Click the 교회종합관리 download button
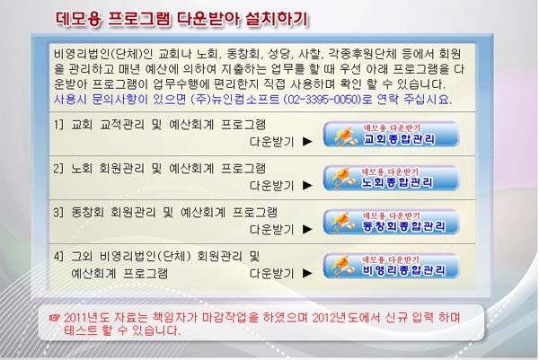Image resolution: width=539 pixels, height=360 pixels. (x=391, y=134)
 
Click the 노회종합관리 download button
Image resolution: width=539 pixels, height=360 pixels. (x=391, y=178)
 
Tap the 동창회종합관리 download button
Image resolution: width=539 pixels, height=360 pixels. (x=391, y=222)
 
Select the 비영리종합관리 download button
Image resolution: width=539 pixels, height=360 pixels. (x=391, y=266)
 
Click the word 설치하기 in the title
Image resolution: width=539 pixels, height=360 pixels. (x=277, y=19)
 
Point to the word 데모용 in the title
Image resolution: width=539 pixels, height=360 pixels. (x=78, y=19)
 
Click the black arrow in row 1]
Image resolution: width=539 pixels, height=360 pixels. (x=307, y=142)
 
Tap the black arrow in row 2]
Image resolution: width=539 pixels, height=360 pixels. (x=307, y=186)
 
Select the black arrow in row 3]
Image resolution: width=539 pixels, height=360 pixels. (x=307, y=230)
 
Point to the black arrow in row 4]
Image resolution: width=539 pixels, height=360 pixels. (x=307, y=274)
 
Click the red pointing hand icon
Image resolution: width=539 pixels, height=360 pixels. (x=54, y=318)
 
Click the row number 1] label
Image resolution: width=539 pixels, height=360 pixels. (x=58, y=125)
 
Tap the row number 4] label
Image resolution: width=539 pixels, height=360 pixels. (x=58, y=256)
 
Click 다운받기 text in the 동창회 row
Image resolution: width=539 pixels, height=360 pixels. (x=272, y=230)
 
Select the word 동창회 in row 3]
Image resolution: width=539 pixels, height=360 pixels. (x=87, y=212)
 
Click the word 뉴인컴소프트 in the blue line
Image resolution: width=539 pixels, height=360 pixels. (x=245, y=100)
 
